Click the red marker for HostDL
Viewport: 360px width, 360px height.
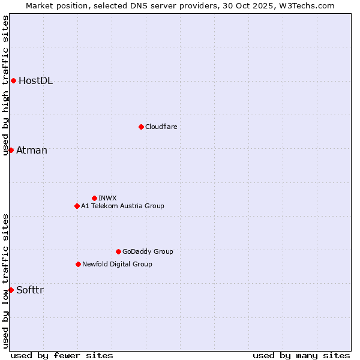[13, 80]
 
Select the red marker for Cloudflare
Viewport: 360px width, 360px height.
[141, 127]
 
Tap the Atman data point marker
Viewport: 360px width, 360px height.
[11, 150]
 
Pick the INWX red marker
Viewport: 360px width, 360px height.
[94, 198]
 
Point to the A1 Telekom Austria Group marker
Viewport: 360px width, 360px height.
[77, 206]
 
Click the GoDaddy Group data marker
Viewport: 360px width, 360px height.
[118, 251]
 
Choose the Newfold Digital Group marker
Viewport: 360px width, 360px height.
[78, 264]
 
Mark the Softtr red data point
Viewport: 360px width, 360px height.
[11, 290]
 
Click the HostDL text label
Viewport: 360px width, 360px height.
[35, 81]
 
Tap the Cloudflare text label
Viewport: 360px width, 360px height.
[161, 127]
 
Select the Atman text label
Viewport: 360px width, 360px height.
[32, 150]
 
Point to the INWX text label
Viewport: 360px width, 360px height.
[107, 198]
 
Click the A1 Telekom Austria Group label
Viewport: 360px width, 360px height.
[122, 206]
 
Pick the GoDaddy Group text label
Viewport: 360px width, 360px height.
[148, 251]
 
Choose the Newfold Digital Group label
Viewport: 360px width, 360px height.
[117, 264]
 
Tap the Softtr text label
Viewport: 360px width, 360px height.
[30, 290]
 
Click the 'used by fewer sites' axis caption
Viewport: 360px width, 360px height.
[62, 355]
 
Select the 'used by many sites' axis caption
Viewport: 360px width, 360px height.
[301, 355]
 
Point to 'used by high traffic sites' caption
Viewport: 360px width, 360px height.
[6, 85]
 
